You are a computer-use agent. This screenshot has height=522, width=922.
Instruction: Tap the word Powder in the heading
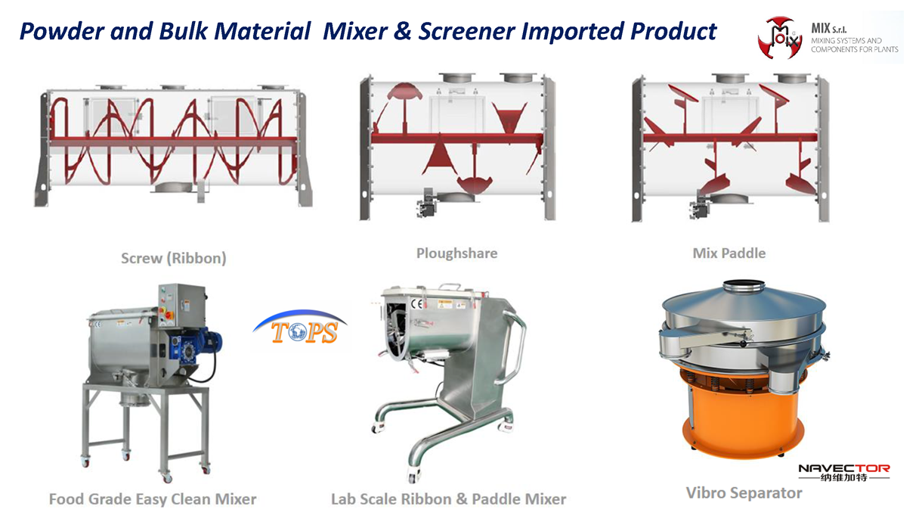tap(61, 31)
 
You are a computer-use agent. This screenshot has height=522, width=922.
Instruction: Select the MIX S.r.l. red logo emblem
tap(780, 38)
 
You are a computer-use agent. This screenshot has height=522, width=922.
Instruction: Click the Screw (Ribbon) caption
tap(173, 258)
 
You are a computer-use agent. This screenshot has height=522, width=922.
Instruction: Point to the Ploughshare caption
tap(457, 253)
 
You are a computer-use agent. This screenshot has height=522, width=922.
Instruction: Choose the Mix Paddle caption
tap(729, 253)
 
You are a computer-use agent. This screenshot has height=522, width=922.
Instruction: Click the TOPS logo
tap(300, 328)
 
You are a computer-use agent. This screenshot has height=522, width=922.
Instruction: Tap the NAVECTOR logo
tap(844, 473)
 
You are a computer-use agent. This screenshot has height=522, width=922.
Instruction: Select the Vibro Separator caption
tap(744, 492)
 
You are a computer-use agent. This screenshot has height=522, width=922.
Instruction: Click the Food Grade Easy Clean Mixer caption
tap(153, 499)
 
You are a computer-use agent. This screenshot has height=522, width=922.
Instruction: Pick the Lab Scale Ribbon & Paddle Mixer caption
tap(449, 499)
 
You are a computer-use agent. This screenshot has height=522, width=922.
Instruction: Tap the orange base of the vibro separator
tap(744, 416)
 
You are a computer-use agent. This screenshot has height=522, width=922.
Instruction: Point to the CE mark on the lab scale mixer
tap(417, 304)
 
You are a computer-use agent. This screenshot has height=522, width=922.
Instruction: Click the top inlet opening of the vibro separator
tap(744, 285)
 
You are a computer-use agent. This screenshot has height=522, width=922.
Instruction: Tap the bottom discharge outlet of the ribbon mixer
tap(173, 188)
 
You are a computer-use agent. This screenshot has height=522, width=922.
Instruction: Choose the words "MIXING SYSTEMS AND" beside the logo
tap(846, 41)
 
